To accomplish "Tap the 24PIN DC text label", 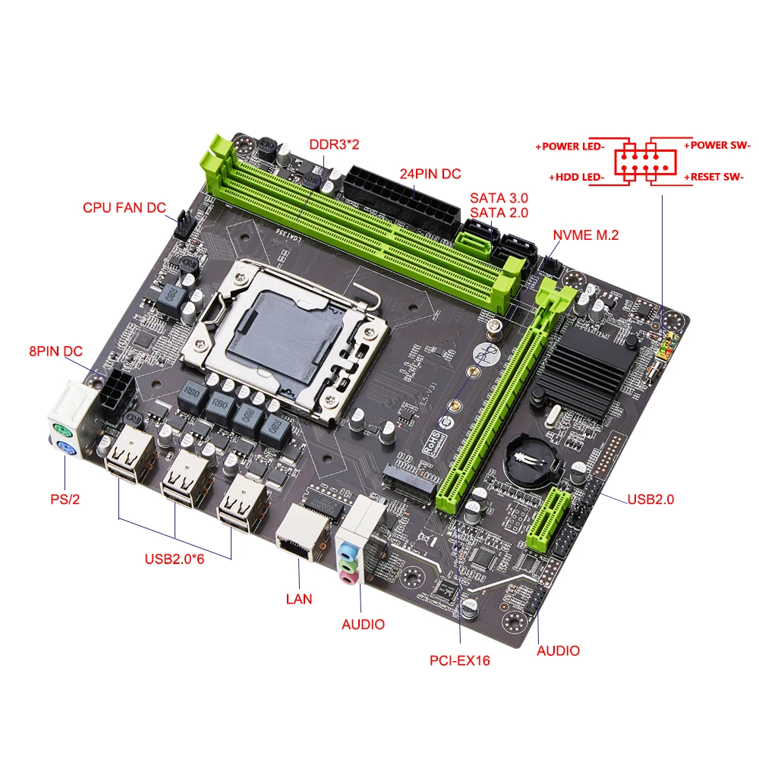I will (x=430, y=173).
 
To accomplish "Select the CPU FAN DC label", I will (x=124, y=207).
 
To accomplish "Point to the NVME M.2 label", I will (x=585, y=235).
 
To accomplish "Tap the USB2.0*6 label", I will (x=175, y=559).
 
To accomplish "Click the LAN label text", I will (x=298, y=598).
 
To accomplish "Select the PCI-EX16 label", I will (x=459, y=660).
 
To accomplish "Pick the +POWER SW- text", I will (x=716, y=145).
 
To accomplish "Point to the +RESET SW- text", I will (x=716, y=177).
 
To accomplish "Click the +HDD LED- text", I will (x=576, y=177).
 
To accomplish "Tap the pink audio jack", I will (x=348, y=579).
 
